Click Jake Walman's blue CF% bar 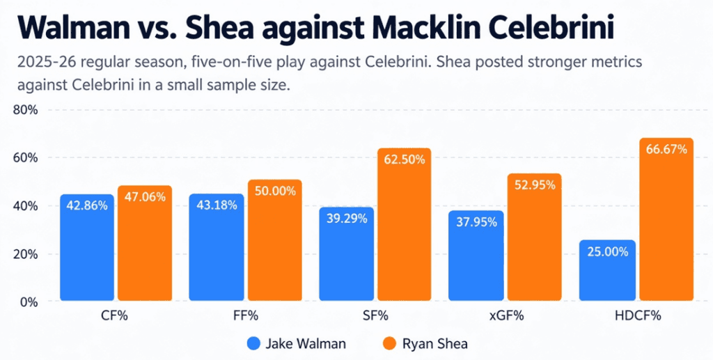[x=87, y=247]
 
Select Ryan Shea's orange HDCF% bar [x=666, y=219]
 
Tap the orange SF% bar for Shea [x=405, y=224]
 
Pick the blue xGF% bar [x=476, y=256]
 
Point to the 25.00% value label [x=607, y=252]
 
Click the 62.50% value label [x=405, y=160]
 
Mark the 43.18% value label [x=217, y=205]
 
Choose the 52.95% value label [x=535, y=185]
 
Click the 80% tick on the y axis [x=25, y=111]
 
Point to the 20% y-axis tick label [x=25, y=255]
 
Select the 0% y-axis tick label [x=29, y=302]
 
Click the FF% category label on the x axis [x=245, y=316]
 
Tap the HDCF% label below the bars [x=637, y=316]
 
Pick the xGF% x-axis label [x=507, y=316]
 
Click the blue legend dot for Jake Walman [x=253, y=344]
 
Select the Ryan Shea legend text [x=434, y=344]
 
